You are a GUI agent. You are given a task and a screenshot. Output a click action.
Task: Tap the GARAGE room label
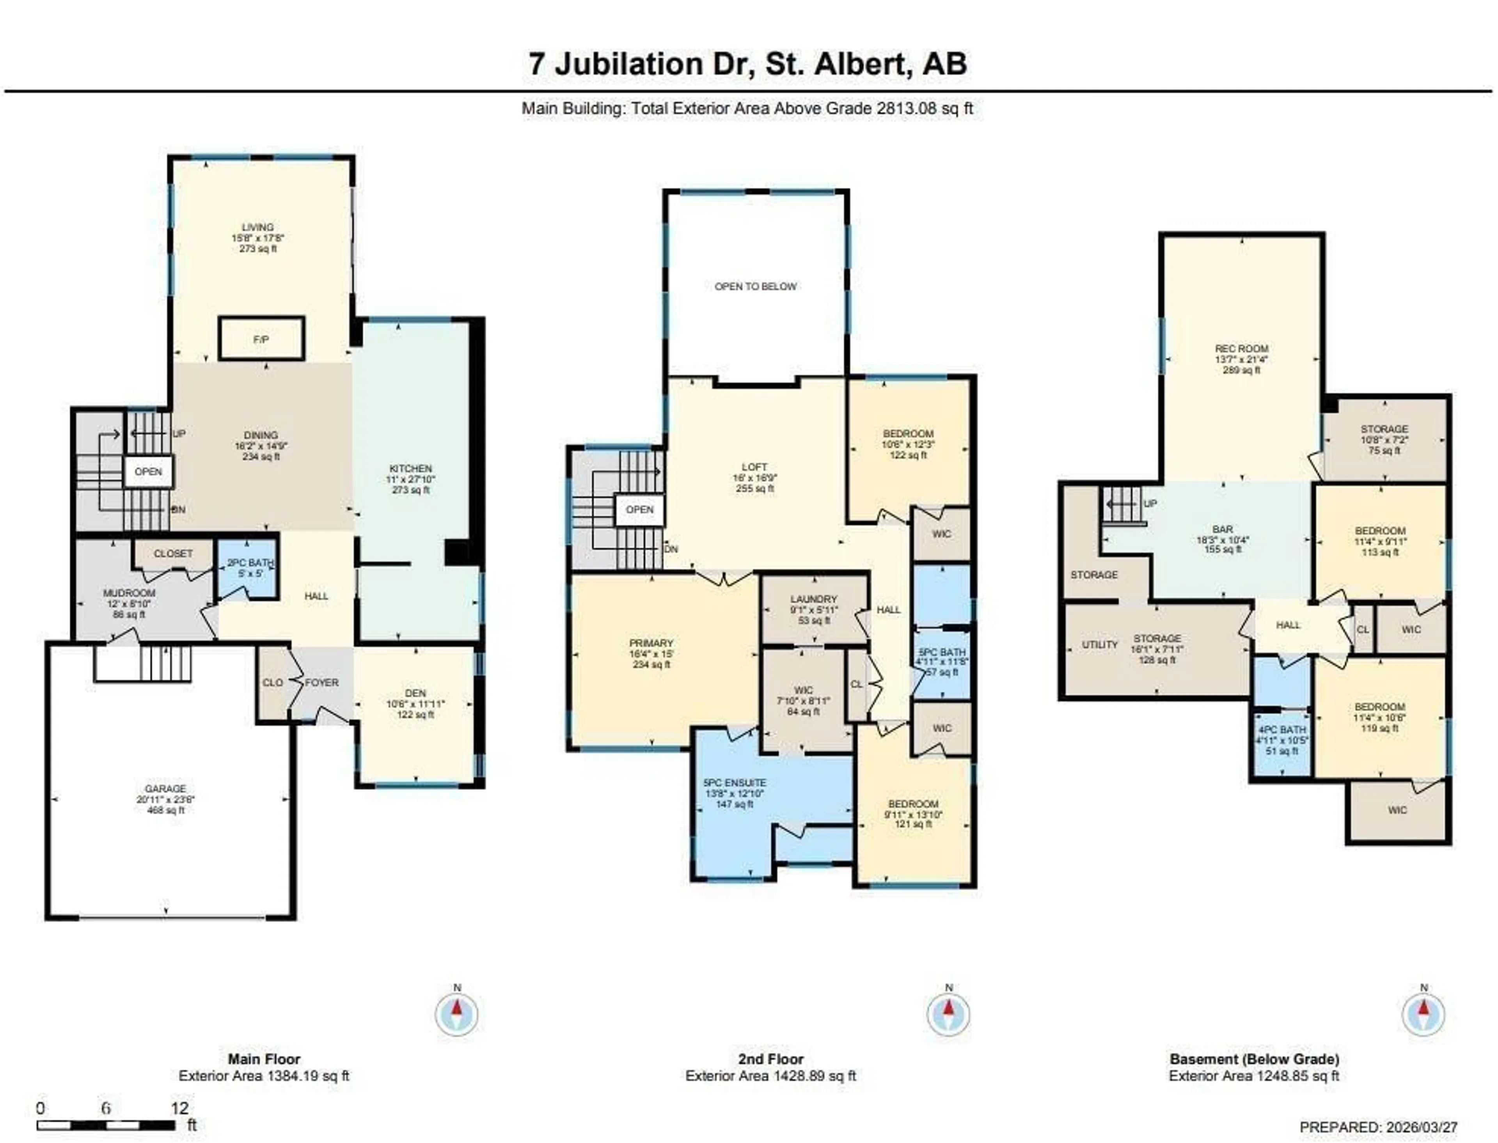pyautogui.click(x=165, y=788)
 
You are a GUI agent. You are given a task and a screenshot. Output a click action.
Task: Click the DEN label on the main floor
pyautogui.click(x=415, y=693)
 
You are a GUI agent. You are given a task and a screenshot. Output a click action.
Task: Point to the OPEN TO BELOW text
pyautogui.click(x=755, y=286)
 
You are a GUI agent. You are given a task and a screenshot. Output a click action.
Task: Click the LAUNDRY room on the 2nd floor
pyautogui.click(x=814, y=600)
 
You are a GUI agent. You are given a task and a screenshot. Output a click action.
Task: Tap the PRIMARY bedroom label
pyautogui.click(x=651, y=643)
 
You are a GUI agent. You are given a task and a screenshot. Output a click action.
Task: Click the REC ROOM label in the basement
pyautogui.click(x=1242, y=348)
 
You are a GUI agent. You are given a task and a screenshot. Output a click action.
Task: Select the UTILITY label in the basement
pyautogui.click(x=1099, y=644)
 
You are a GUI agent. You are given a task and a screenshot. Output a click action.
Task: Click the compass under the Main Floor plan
pyautogui.click(x=456, y=1014)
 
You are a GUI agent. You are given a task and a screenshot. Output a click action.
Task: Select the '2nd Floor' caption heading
pyautogui.click(x=770, y=1059)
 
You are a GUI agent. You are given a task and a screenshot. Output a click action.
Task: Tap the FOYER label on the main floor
pyautogui.click(x=321, y=682)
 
